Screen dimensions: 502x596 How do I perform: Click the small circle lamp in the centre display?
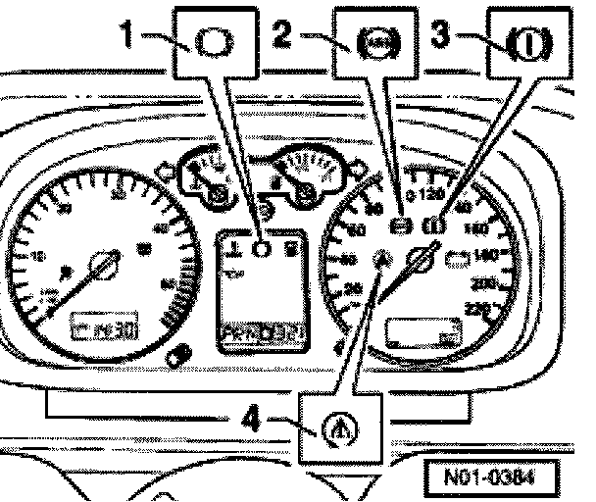pos(261,249)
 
